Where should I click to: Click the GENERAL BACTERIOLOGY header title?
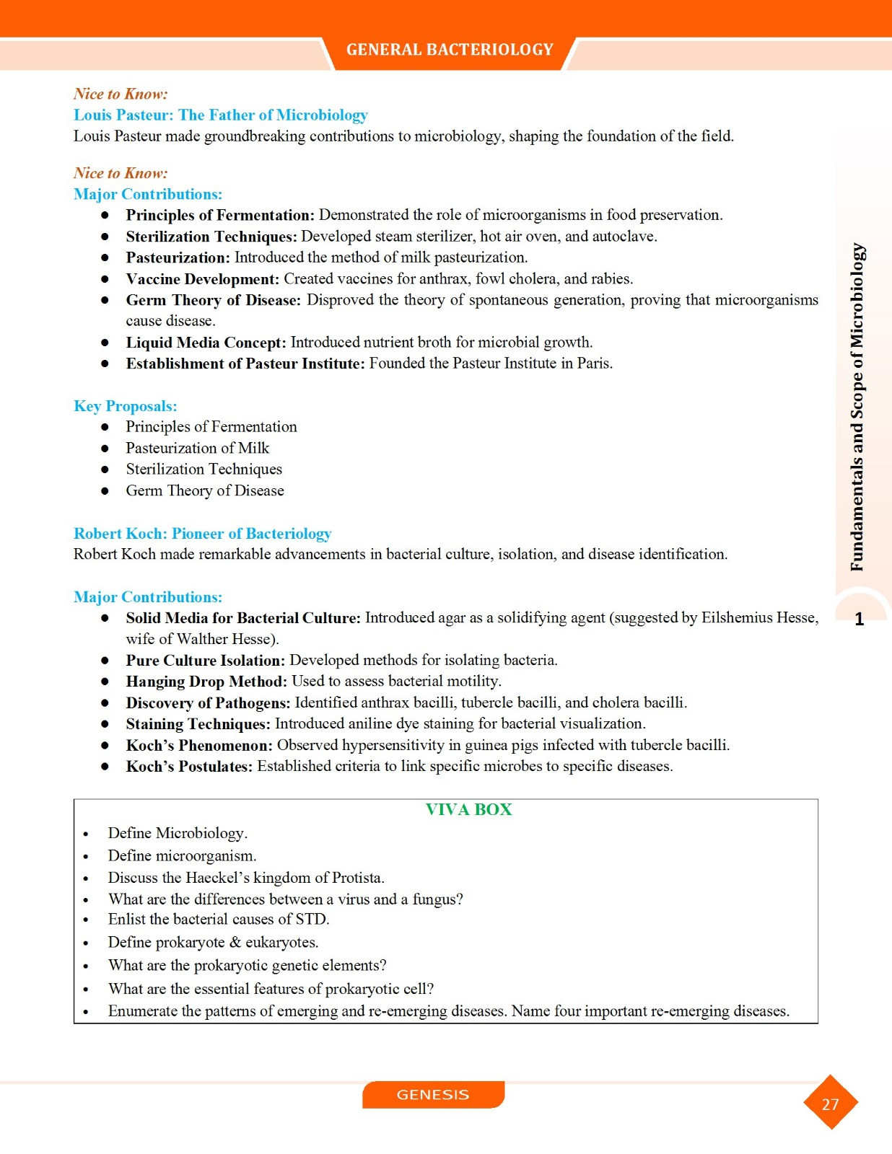(449, 50)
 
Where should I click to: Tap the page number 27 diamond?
(830, 1104)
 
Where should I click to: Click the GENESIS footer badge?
(433, 1094)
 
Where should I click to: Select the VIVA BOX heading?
(468, 809)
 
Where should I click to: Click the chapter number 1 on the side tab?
(859, 619)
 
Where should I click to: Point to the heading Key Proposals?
(125, 406)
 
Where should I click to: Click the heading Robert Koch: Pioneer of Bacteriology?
(202, 534)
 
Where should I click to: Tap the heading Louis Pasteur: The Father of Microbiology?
(220, 115)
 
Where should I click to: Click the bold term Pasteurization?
(178, 257)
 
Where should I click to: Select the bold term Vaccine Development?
(202, 279)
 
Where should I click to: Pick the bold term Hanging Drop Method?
(206, 682)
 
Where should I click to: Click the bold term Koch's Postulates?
(189, 767)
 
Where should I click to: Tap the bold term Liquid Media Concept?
(206, 343)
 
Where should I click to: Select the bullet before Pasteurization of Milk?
(105, 449)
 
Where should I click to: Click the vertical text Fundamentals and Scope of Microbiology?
(857, 408)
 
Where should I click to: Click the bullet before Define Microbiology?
(86, 834)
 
